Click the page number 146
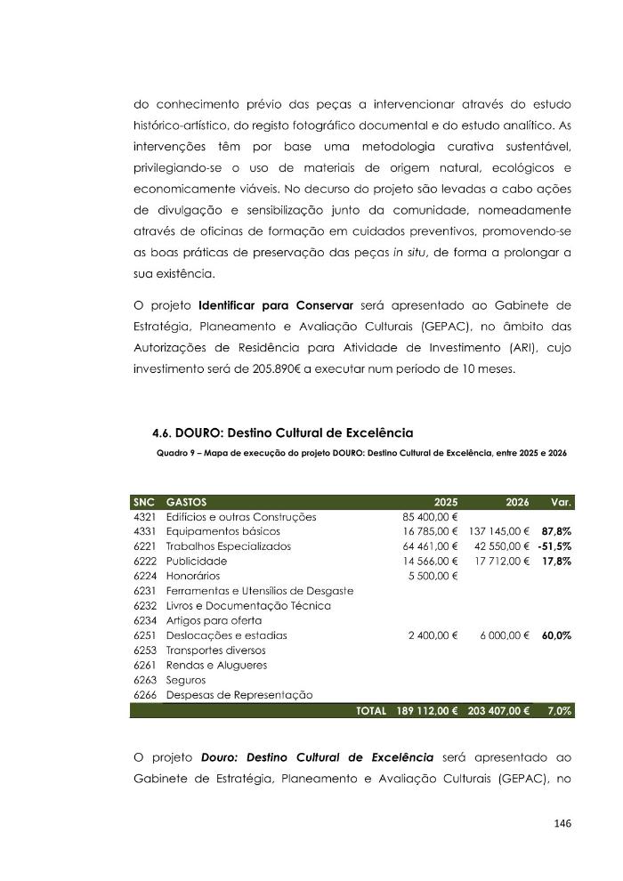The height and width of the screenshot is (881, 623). tap(561, 823)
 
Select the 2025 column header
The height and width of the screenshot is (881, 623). tap(445, 502)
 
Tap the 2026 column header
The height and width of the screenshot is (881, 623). tap(517, 502)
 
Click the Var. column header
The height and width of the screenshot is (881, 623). tap(561, 502)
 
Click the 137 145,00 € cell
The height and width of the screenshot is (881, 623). tap(499, 531)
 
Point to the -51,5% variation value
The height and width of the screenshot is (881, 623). tap(554, 546)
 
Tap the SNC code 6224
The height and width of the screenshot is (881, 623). tap(144, 577)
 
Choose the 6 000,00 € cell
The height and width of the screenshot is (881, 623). tap(505, 636)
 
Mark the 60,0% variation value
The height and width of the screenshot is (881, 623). tap(556, 636)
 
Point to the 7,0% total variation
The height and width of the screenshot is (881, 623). tap(560, 711)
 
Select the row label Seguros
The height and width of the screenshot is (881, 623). tap(186, 681)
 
